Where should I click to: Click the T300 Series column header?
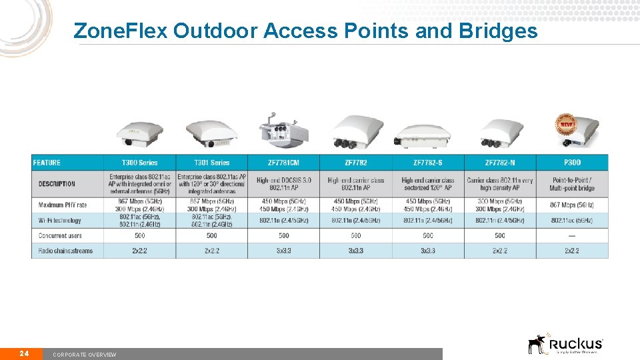click(139, 163)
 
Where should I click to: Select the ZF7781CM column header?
click(283, 163)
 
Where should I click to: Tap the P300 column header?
click(572, 163)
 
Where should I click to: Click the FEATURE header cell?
click(47, 163)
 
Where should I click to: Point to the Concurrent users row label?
click(61, 235)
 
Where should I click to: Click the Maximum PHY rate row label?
click(63, 205)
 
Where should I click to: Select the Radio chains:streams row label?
click(65, 251)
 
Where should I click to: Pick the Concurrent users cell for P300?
click(572, 235)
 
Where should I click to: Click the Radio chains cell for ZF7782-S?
click(428, 251)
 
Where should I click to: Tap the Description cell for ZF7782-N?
click(500, 183)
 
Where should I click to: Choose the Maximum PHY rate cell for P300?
click(572, 205)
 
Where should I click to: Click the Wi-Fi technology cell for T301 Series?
click(212, 220)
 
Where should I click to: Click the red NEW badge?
click(565, 123)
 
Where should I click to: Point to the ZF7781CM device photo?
click(283, 129)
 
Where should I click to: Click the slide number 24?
click(24, 353)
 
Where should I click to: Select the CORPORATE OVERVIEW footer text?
click(85, 355)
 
